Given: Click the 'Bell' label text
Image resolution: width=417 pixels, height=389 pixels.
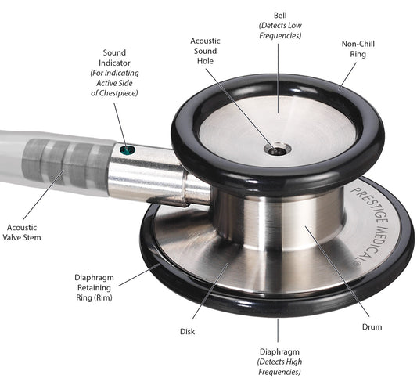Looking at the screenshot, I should (279, 15).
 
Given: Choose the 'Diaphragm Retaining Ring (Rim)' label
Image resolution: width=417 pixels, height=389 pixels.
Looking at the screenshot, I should (92, 286).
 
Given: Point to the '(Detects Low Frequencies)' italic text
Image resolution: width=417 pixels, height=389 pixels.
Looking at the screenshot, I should (279, 32).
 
